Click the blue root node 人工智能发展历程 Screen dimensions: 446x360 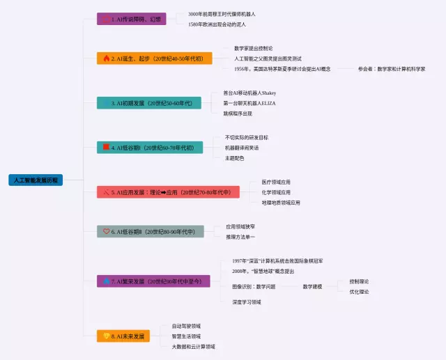pyautogui.click(x=36, y=180)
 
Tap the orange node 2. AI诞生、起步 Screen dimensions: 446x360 pyautogui.click(x=150, y=58)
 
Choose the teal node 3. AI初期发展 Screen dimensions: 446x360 pyautogui.click(x=148, y=103)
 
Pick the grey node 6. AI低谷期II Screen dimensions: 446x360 pyautogui.click(x=150, y=231)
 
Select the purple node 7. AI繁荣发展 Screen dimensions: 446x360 pyautogui.click(x=153, y=281)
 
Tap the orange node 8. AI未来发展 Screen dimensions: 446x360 pyautogui.click(x=123, y=336)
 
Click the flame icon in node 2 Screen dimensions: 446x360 pyautogui.click(x=106, y=58)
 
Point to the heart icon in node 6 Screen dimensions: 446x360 pyautogui.click(x=106, y=231)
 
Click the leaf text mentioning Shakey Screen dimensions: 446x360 pyautogui.click(x=249, y=93)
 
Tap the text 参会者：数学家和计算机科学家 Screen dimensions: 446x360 pyautogui.click(x=391, y=69)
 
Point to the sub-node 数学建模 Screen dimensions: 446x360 pyautogui.click(x=312, y=287)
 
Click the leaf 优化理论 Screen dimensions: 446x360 pyautogui.click(x=359, y=292)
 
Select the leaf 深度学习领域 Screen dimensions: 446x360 pyautogui.click(x=246, y=302)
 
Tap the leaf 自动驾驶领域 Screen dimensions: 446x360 pyautogui.click(x=186, y=326)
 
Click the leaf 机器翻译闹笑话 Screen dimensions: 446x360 pyautogui.click(x=241, y=148)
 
